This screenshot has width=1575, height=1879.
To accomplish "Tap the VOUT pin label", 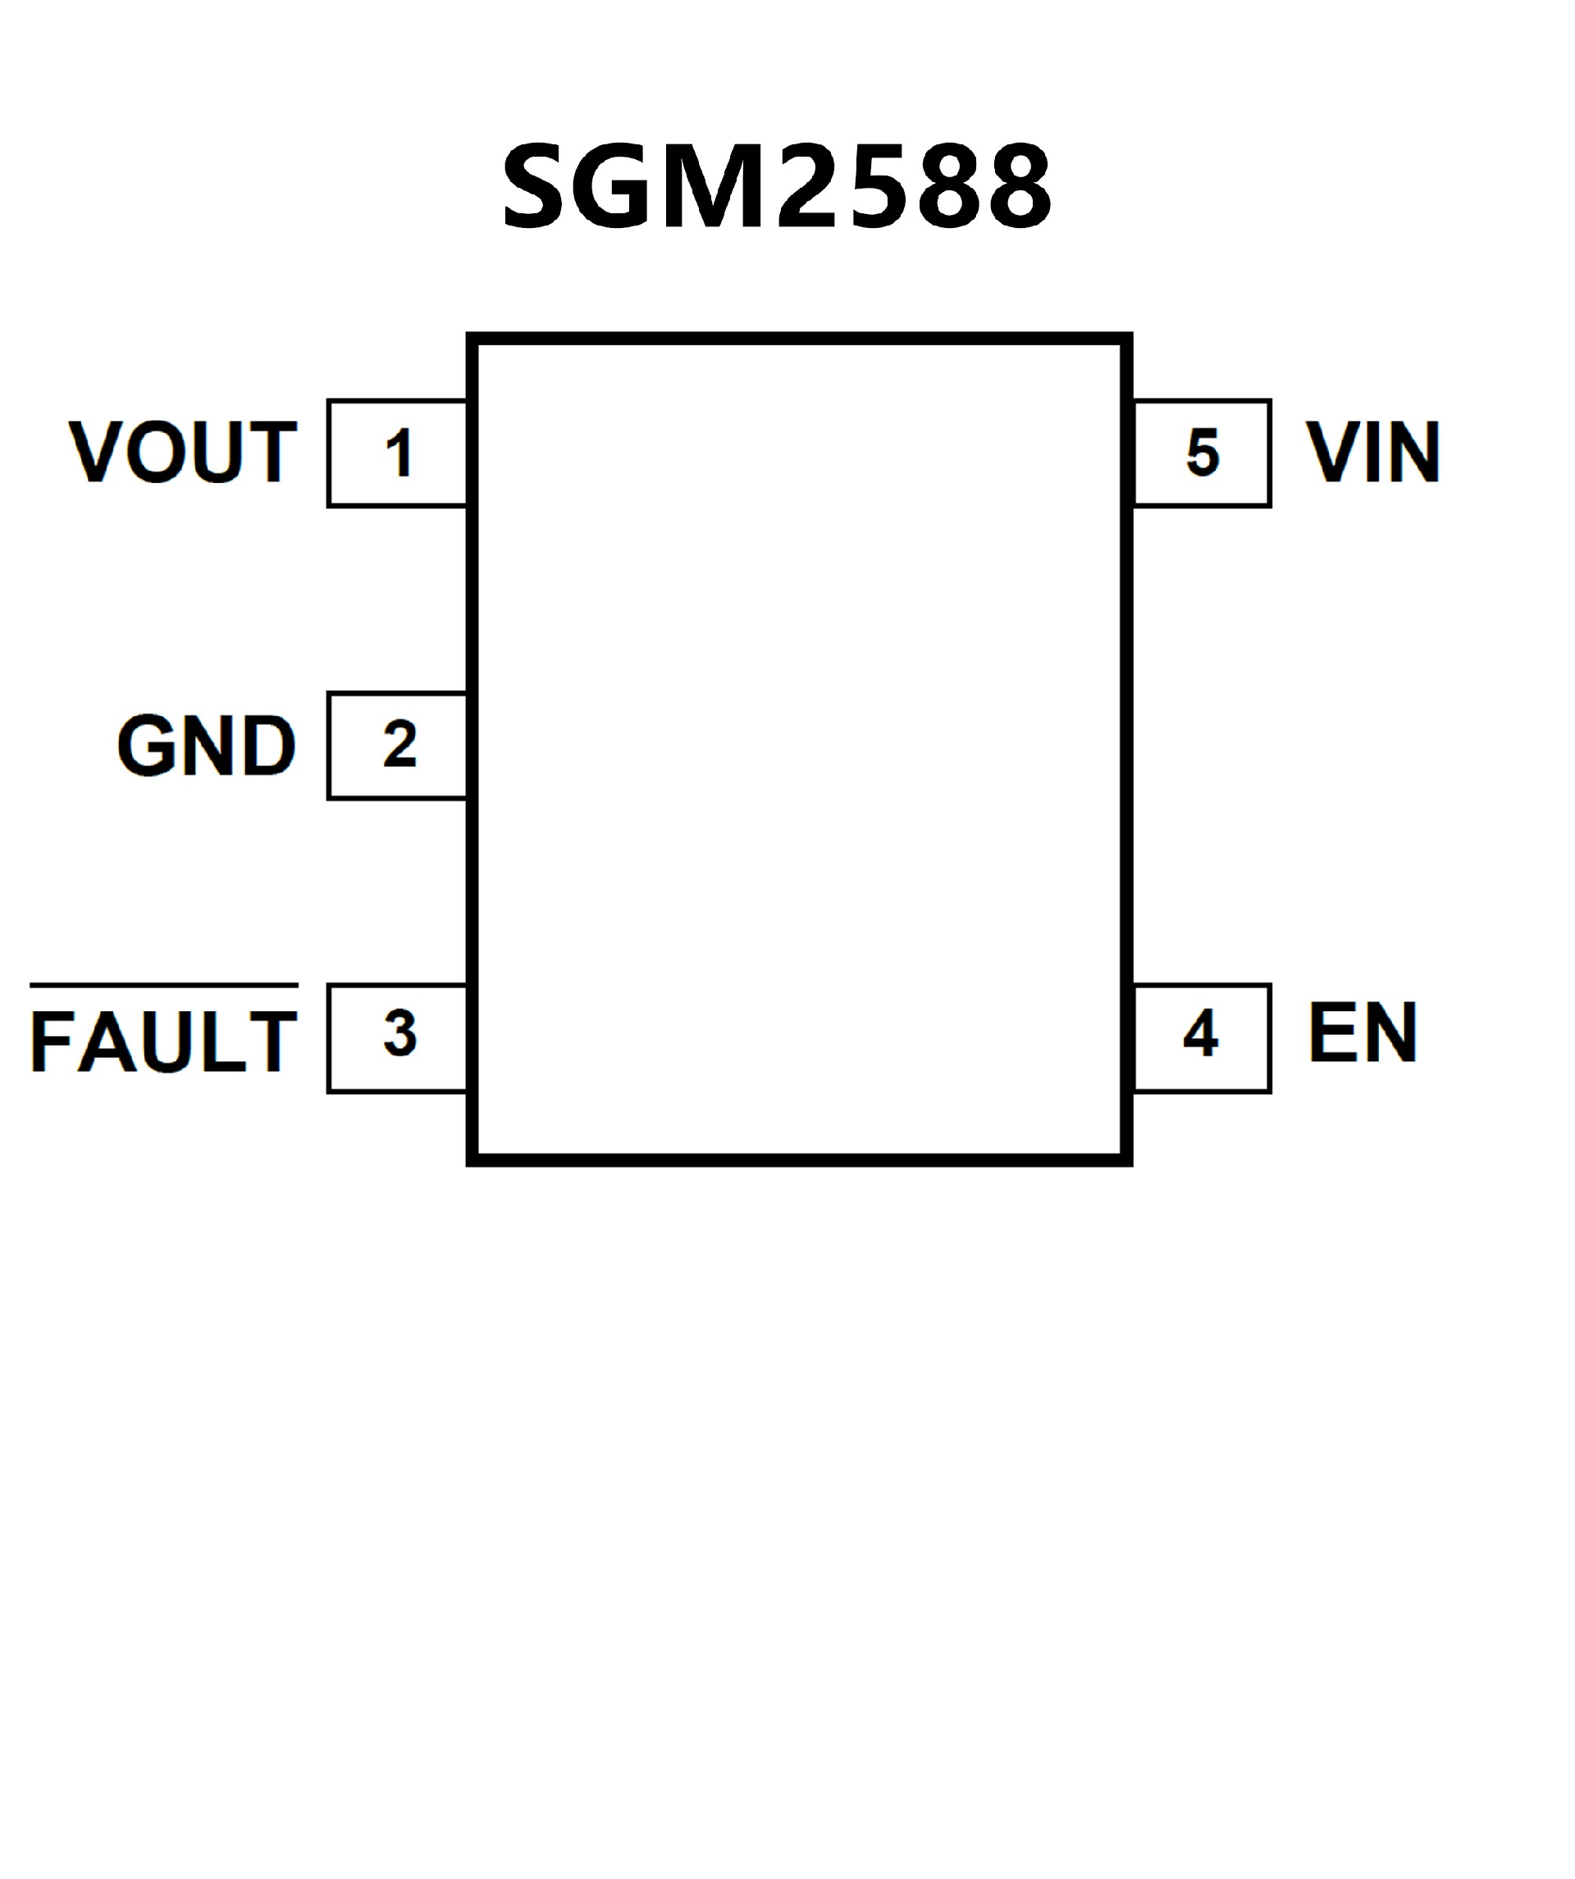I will click(x=183, y=452).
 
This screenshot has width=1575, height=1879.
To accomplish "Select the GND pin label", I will click(x=206, y=745).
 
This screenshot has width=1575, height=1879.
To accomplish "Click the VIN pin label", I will click(x=1372, y=452).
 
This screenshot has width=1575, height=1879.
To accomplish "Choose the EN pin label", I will click(x=1362, y=1033).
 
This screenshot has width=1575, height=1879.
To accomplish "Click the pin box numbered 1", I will click(x=398, y=453).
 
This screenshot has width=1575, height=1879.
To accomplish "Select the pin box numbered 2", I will click(x=398, y=746).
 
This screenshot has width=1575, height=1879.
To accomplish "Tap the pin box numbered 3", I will click(x=398, y=1038).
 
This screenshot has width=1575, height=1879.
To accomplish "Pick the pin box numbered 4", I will click(x=1201, y=1038).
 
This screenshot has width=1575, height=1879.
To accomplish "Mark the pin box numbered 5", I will click(x=1201, y=453).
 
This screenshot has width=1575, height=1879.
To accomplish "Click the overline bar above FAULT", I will click(x=164, y=985).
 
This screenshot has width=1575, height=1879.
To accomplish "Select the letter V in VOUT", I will click(x=96, y=452).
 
